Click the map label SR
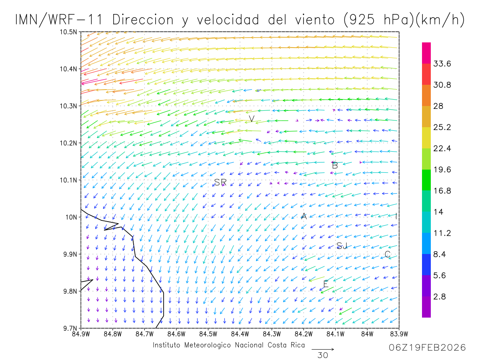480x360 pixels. (220, 182)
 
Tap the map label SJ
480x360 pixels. (342, 246)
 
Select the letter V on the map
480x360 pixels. (252, 119)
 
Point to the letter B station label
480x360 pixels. (335, 165)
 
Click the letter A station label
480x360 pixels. (304, 216)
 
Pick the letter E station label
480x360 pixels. (326, 284)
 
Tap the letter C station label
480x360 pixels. (387, 254)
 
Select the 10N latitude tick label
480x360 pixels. (71, 217)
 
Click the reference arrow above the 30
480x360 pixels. (322, 349)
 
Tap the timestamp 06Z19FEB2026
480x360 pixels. (427, 348)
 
